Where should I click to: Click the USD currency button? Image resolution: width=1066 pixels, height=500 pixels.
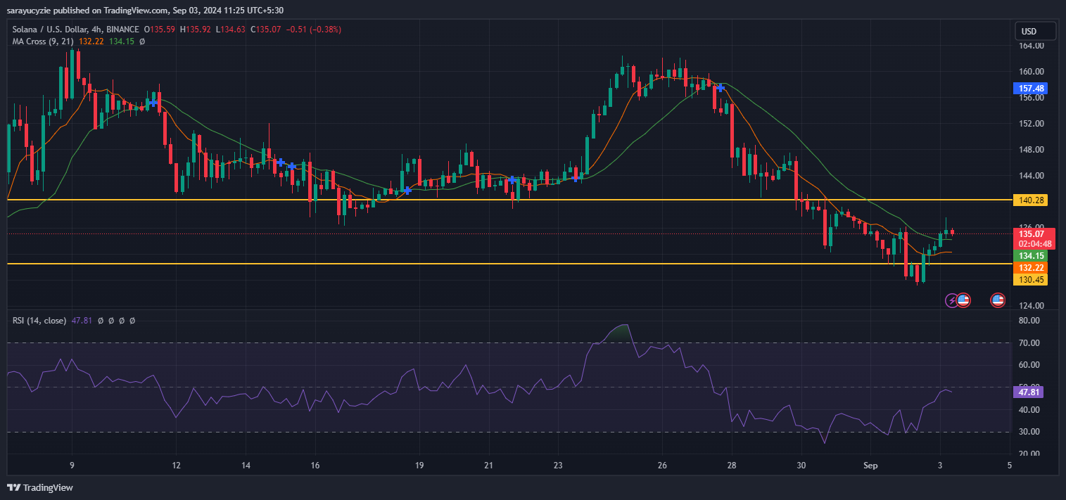pyautogui.click(x=1035, y=32)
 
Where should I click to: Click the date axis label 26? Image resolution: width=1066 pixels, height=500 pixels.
pyautogui.click(x=662, y=466)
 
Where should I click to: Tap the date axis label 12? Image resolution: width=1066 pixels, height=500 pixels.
pyautogui.click(x=176, y=466)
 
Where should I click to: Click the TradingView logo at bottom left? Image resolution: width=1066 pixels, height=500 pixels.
pyautogui.click(x=41, y=487)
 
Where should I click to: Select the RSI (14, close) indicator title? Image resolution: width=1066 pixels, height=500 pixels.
pyautogui.click(x=39, y=321)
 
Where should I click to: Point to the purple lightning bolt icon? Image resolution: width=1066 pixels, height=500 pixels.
pyautogui.click(x=951, y=300)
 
